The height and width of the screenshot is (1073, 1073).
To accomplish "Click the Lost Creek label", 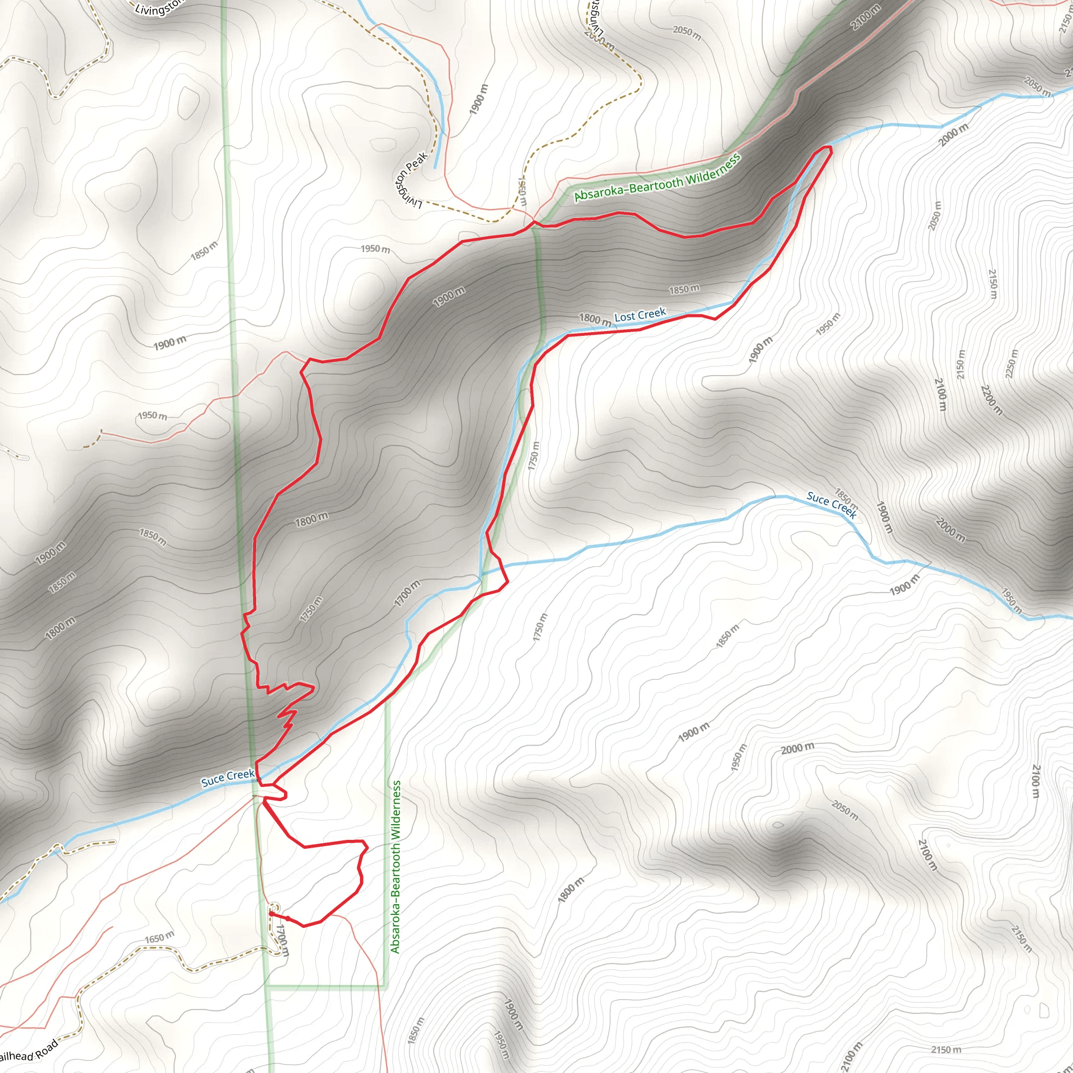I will tap(640, 315).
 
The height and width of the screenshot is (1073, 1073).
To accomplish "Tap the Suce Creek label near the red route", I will tap(228, 778).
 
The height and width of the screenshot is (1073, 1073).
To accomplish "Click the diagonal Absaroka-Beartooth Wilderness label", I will tap(657, 178).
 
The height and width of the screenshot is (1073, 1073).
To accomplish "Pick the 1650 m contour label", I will tap(159, 938).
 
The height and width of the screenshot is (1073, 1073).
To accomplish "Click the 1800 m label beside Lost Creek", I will tap(595, 319).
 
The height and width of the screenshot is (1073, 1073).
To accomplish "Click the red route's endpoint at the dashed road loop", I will tap(271, 913).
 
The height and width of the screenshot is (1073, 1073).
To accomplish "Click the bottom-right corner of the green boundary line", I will tap(386, 987).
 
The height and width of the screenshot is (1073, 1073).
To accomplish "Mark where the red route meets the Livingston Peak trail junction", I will tap(533, 223).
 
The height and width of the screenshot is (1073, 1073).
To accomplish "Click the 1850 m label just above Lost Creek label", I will tap(684, 289).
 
